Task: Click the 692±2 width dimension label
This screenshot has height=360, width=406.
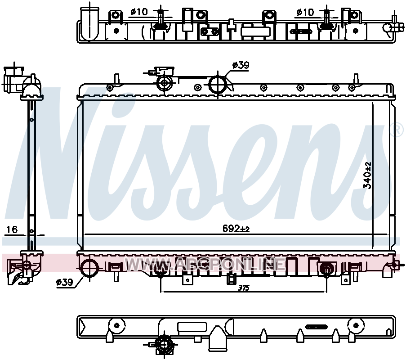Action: (x=236, y=229)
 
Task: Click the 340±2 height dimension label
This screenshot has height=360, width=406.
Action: (x=367, y=175)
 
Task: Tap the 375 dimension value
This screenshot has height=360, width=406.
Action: (x=244, y=288)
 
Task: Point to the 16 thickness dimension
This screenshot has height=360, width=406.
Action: (x=12, y=229)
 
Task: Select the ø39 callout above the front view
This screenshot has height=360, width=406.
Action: (x=241, y=65)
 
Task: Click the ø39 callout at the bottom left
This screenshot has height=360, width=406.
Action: (x=64, y=282)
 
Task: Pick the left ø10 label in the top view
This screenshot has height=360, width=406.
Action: (x=139, y=12)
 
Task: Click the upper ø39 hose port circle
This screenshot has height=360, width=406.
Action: (x=218, y=85)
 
